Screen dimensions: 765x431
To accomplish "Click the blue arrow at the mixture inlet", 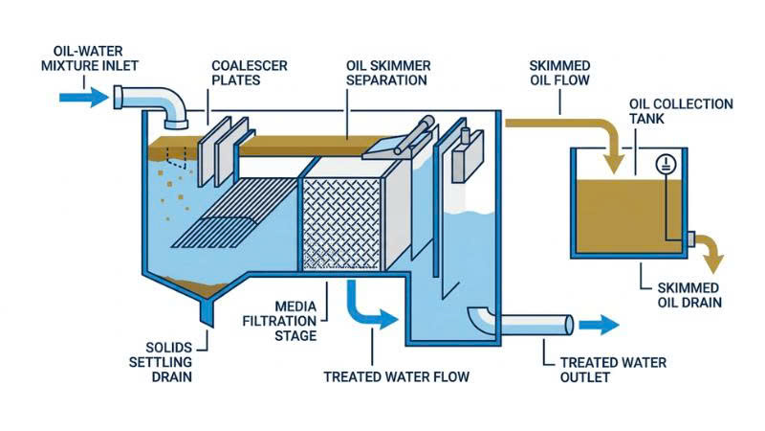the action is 83,98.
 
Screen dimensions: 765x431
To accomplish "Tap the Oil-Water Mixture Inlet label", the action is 89,58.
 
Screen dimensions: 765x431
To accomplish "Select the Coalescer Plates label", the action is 250,73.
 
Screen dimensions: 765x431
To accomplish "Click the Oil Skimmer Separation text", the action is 388,73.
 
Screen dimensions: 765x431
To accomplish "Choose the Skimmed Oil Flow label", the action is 559,73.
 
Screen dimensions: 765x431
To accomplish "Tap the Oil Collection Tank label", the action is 681,111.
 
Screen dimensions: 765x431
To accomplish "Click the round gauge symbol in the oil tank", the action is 666,164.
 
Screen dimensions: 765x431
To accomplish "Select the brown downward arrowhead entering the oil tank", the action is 613,164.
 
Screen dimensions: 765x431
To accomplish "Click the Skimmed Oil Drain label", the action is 689,295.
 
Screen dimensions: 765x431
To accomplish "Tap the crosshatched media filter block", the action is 341,224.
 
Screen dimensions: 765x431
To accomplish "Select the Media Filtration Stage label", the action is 279,321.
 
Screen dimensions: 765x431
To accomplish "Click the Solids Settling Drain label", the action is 161,362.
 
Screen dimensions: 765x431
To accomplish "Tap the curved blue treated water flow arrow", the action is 368,307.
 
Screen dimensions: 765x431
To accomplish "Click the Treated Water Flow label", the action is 397,376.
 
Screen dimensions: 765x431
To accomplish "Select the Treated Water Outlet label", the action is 613,370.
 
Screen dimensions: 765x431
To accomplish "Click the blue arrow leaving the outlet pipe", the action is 599,325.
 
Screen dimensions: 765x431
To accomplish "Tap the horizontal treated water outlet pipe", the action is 535,325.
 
